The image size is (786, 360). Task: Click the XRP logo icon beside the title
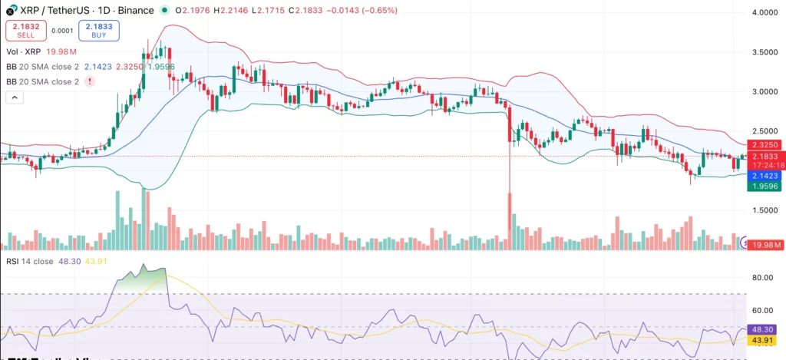(x=10, y=8)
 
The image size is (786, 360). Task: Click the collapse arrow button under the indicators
(x=15, y=97)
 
